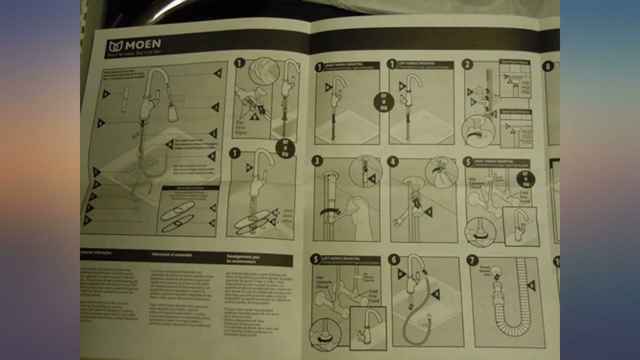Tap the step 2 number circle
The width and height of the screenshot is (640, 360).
coord(467,64)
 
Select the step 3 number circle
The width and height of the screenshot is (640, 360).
coord(317,160)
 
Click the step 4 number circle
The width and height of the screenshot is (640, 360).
coord(392,161)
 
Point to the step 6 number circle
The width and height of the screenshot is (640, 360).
coord(394,259)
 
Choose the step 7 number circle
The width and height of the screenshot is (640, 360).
coord(472,260)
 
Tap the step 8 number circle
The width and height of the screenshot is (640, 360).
coord(548,65)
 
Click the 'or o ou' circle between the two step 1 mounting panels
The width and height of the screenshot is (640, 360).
coord(383,102)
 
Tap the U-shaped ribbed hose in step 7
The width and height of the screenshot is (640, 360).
coord(507,310)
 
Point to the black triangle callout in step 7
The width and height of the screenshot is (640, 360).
coord(531,285)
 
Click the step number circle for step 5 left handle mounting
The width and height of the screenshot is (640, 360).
coord(315,259)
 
